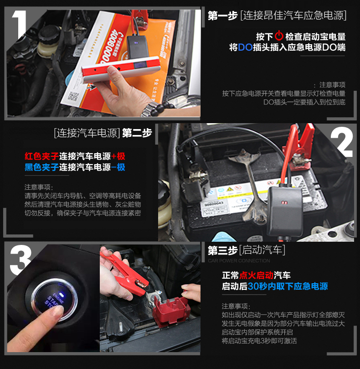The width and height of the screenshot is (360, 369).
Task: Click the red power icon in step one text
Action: [279, 36]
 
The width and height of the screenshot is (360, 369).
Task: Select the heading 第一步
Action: [223, 16]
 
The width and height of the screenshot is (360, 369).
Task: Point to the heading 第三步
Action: [223, 250]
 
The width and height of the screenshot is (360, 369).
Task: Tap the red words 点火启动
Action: [256, 275]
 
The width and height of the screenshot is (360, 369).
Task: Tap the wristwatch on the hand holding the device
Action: [153, 109]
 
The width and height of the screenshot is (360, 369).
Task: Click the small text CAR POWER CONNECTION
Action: [239, 261]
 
